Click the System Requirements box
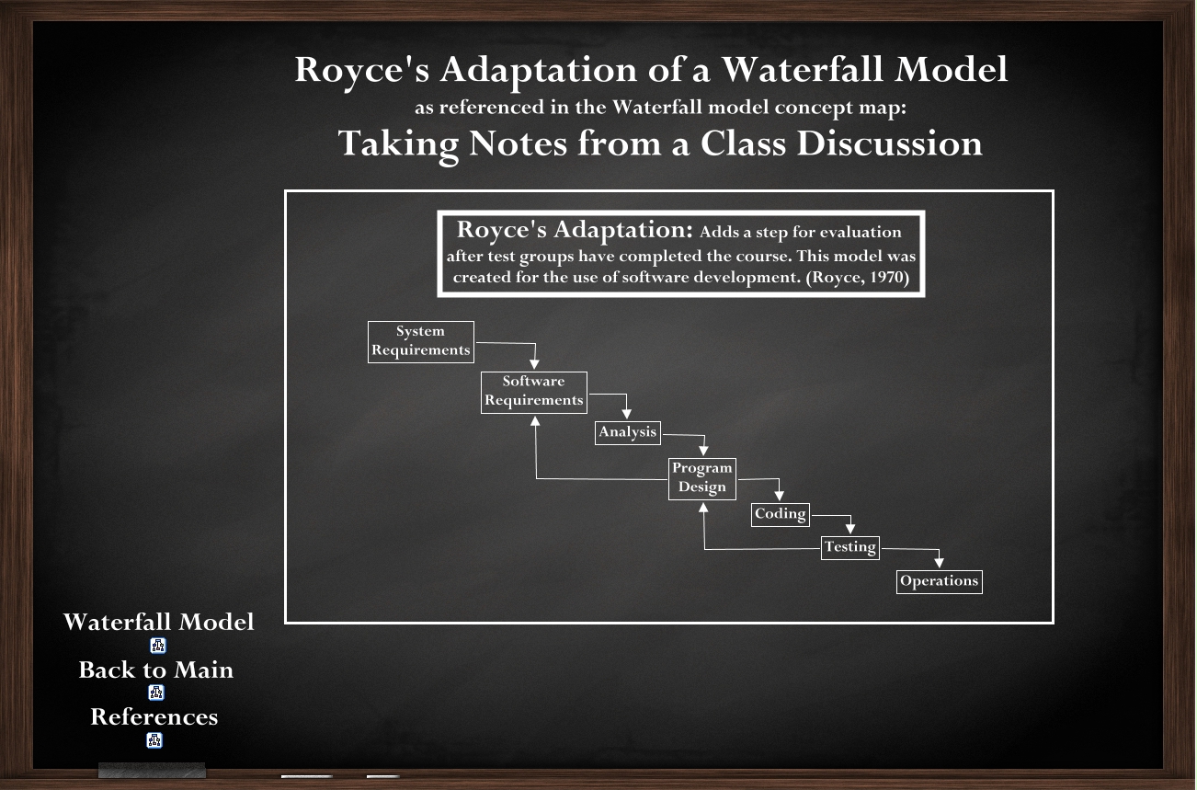[420, 341]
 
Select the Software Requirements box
[534, 393]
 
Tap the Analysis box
[627, 432]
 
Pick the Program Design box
[701, 479]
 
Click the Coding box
[781, 514]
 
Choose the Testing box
[850, 548]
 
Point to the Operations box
[939, 581]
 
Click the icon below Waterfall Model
[157, 646]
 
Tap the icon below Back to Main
[156, 693]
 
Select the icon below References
[154, 740]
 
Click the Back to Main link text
[156, 670]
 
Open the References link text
[154, 717]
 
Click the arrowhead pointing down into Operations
[939, 563]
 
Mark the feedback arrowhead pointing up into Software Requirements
[535, 421]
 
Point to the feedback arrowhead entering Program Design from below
[704, 508]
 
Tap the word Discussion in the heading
[889, 144]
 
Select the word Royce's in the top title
[362, 71]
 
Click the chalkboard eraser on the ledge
[152, 770]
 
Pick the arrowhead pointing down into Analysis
[627, 414]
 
